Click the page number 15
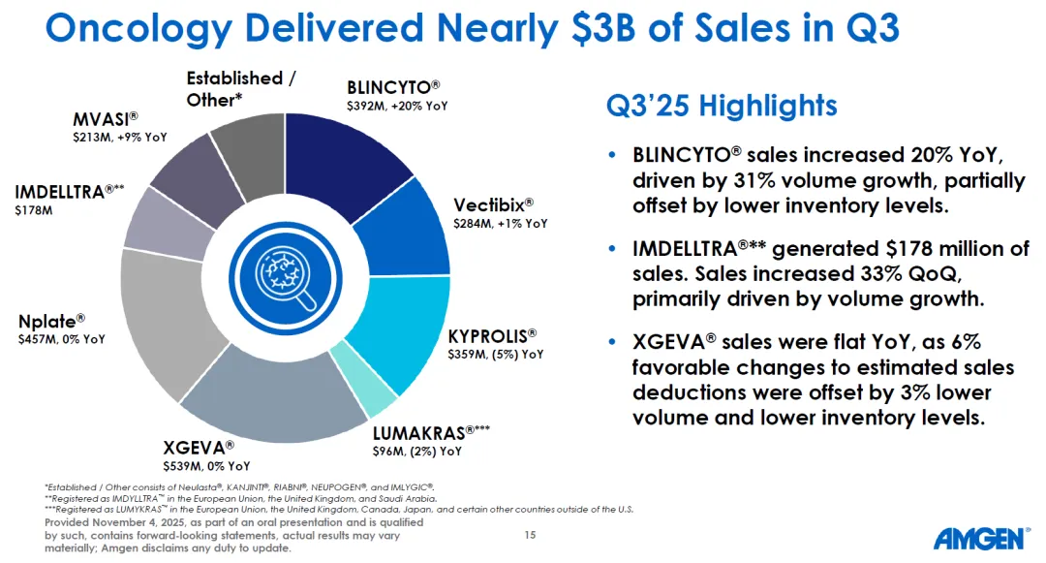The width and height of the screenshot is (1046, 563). point(529,534)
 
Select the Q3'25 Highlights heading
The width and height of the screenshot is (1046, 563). point(721,105)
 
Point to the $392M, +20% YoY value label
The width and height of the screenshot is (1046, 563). point(396,106)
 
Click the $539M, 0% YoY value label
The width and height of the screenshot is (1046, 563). point(206,466)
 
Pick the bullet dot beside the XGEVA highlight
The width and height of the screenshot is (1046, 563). point(610,343)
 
